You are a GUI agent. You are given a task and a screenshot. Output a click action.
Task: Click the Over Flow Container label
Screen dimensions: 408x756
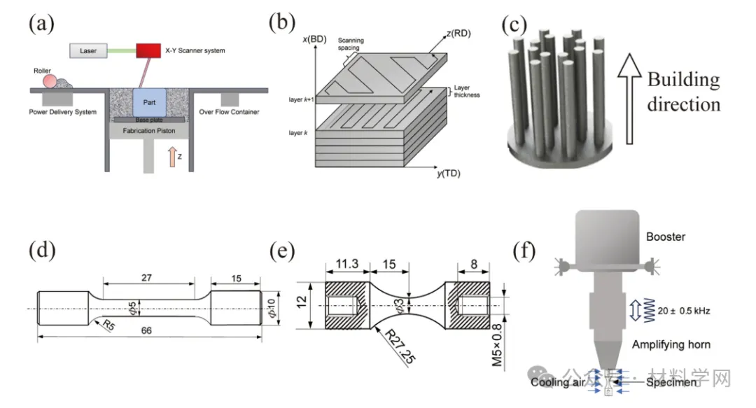click(229, 112)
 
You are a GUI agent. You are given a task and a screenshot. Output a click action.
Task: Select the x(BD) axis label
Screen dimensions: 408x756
click(314, 38)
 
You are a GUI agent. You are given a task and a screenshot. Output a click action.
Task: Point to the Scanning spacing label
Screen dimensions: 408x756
click(350, 45)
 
